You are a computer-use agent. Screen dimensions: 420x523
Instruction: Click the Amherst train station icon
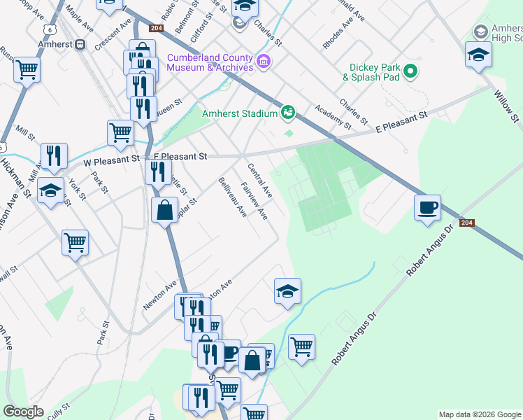tap(80, 44)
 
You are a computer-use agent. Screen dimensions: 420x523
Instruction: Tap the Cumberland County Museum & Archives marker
tap(264, 62)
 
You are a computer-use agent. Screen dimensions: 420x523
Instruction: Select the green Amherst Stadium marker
tap(287, 112)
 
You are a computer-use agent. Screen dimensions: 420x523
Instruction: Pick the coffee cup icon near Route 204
tap(427, 208)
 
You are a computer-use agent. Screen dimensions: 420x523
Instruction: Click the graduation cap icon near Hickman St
tap(51, 190)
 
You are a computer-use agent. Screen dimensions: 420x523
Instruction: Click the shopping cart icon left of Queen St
tap(121, 132)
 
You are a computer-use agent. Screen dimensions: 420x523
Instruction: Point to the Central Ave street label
tap(259, 180)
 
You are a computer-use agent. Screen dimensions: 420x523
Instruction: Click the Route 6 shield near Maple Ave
tap(48, 29)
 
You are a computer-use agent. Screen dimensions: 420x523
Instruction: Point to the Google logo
tap(24, 412)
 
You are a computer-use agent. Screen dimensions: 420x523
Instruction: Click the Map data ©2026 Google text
tap(479, 414)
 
